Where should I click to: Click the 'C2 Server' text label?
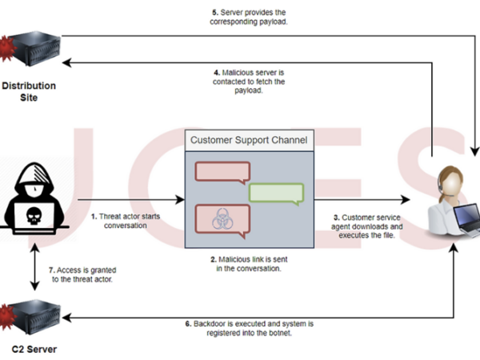32,350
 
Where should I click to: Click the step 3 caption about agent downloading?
366,226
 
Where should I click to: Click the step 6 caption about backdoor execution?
249,328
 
